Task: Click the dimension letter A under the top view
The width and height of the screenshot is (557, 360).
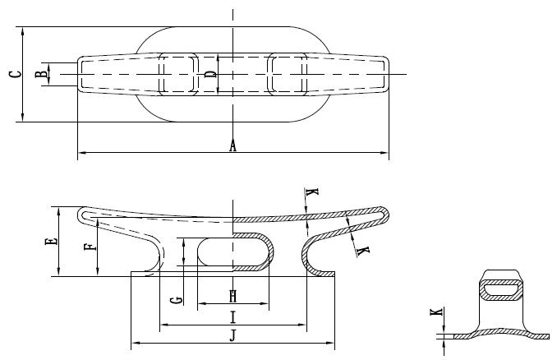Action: (232, 146)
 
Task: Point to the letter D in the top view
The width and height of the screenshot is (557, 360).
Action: (211, 75)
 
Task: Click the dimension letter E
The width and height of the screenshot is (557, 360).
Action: (51, 242)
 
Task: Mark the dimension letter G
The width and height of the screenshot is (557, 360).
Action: (173, 300)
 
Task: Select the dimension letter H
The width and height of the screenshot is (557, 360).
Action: (232, 296)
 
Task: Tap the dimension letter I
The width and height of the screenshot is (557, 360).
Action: (232, 317)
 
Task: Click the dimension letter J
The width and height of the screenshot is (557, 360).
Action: (232, 335)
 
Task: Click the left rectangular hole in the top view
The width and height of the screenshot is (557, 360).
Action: (180, 74)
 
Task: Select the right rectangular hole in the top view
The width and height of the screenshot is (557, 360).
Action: (288, 74)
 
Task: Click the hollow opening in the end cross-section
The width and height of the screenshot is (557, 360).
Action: (501, 288)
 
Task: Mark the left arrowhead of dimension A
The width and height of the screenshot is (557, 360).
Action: (81, 153)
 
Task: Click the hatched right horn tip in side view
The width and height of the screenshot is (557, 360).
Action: (383, 215)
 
